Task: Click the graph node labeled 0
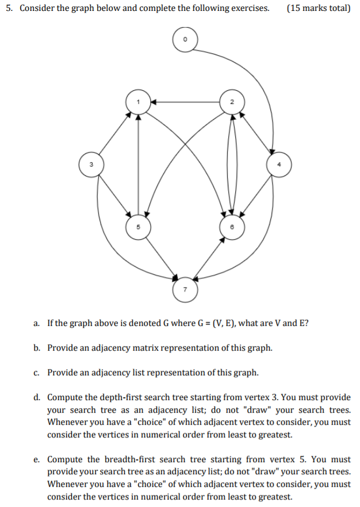tap(185, 40)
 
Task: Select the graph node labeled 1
tap(138, 102)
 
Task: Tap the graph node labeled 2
tap(231, 102)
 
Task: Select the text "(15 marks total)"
tap(317, 9)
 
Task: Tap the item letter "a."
tap(37, 323)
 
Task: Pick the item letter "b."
tap(37, 348)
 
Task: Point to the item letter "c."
tap(37, 372)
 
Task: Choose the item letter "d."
tap(37, 397)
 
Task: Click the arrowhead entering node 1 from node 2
tap(153, 102)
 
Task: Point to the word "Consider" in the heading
tap(37, 9)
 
